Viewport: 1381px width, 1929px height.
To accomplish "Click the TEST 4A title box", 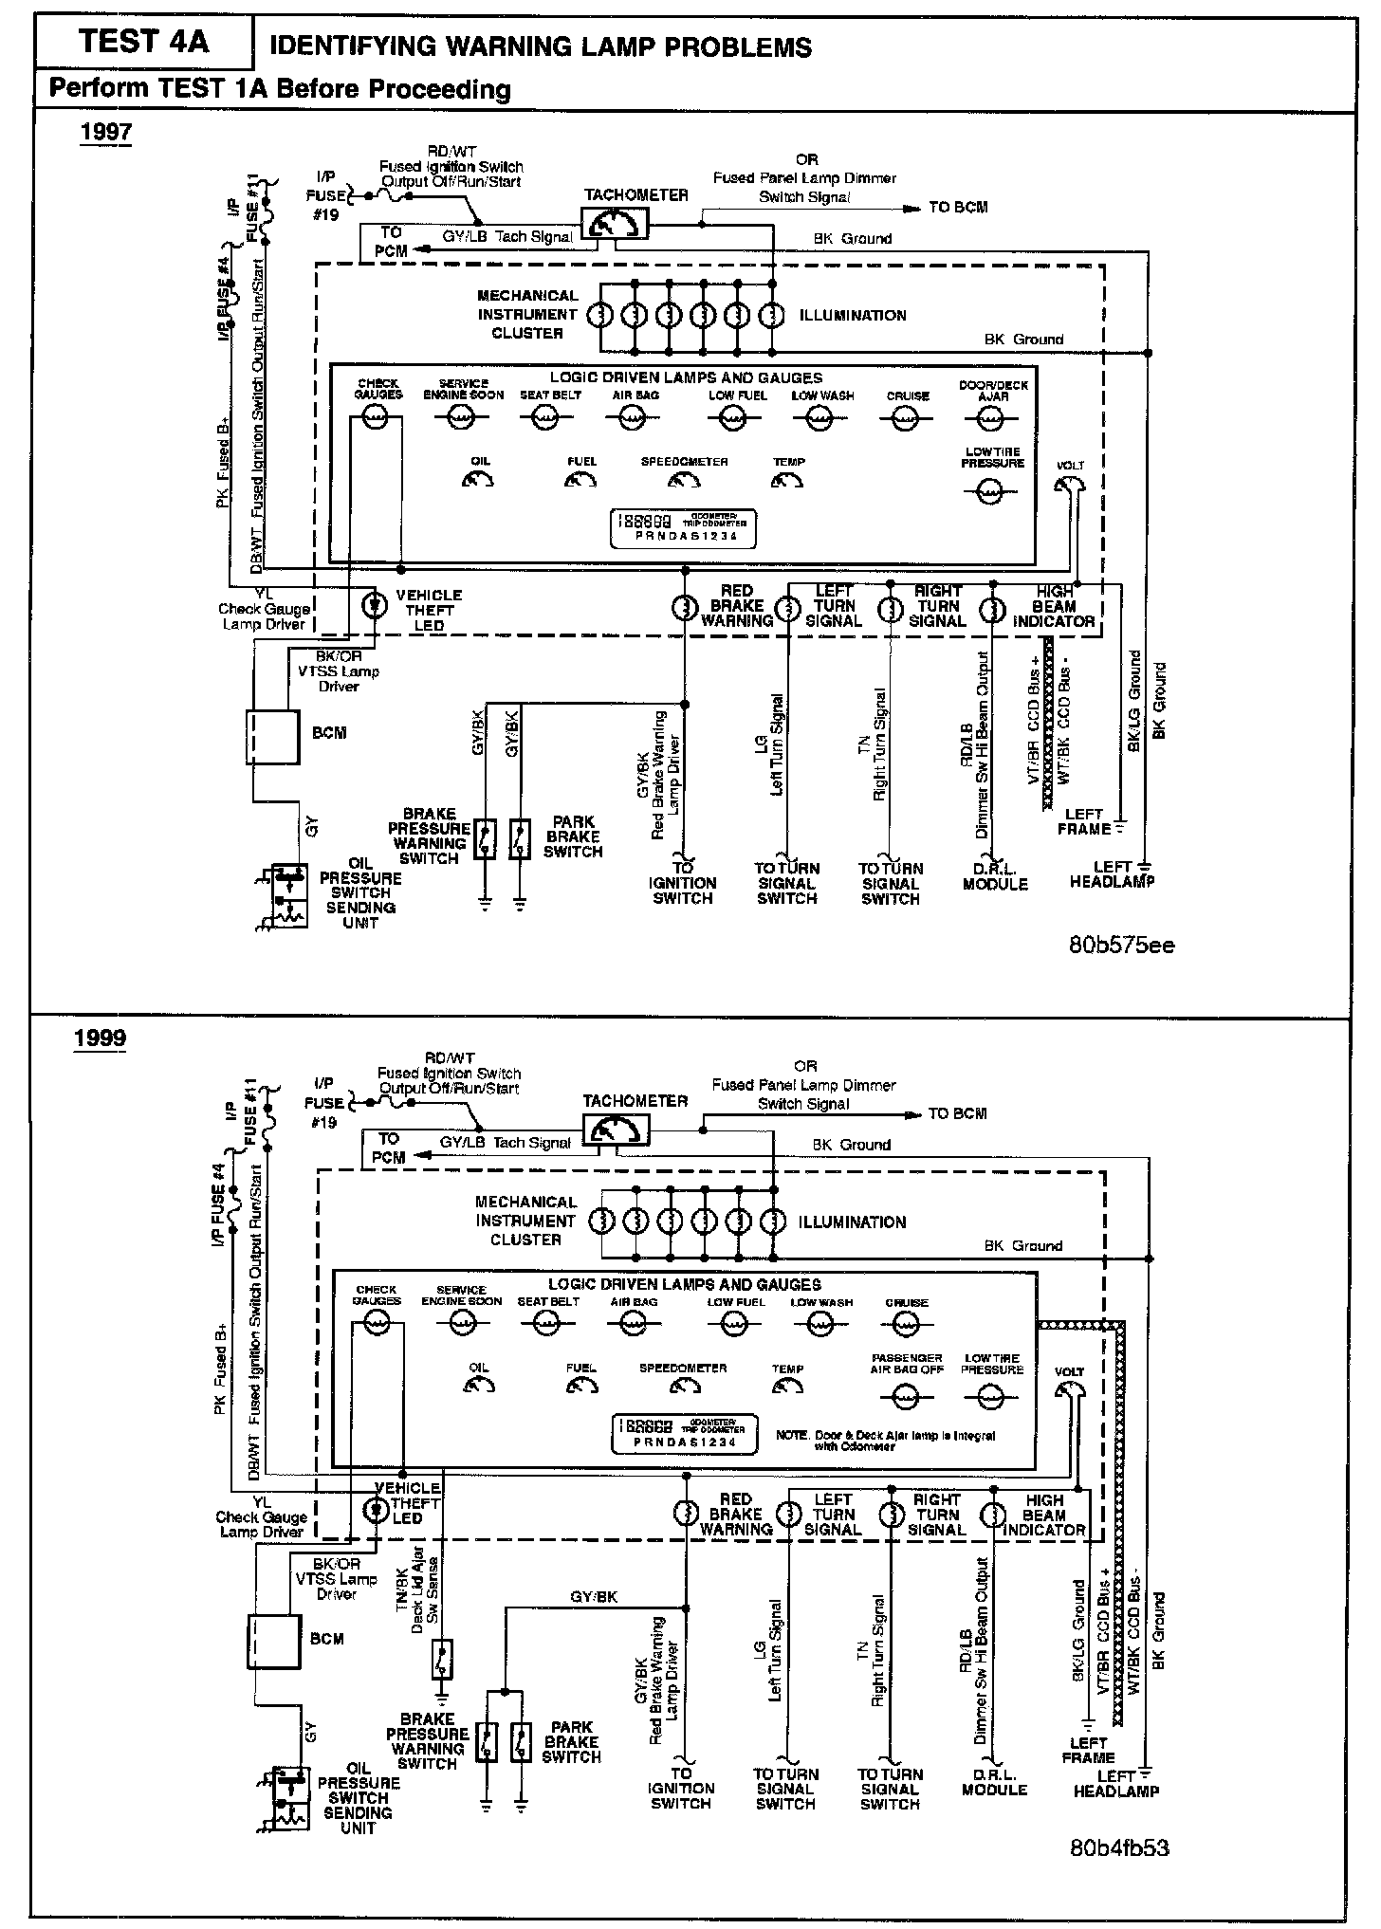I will (x=143, y=43).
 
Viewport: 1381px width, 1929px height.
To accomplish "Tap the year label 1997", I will (x=105, y=131).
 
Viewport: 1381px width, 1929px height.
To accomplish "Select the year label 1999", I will (x=100, y=1038).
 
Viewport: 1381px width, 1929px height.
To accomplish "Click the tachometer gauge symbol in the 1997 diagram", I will (x=614, y=224).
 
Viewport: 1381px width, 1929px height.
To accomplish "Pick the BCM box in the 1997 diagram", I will (x=273, y=737).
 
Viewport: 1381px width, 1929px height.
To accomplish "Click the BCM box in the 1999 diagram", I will (x=273, y=1642).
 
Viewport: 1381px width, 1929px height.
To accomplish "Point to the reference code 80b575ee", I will (x=1121, y=946).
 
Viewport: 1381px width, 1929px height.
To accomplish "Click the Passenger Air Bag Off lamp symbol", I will (x=906, y=1397).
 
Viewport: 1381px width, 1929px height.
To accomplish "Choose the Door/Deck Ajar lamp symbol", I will (x=992, y=417).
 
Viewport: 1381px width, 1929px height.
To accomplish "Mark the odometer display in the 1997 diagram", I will (x=674, y=528).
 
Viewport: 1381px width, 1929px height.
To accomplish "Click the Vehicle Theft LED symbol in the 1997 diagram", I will (x=377, y=604).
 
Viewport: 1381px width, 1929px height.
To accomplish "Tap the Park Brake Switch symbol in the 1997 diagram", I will (x=520, y=838).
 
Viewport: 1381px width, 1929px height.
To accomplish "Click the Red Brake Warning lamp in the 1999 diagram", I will (x=684, y=1513).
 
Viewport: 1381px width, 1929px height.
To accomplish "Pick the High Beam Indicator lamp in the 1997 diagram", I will (x=992, y=608).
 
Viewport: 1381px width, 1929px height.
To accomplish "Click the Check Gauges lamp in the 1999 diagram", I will (x=377, y=1327).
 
